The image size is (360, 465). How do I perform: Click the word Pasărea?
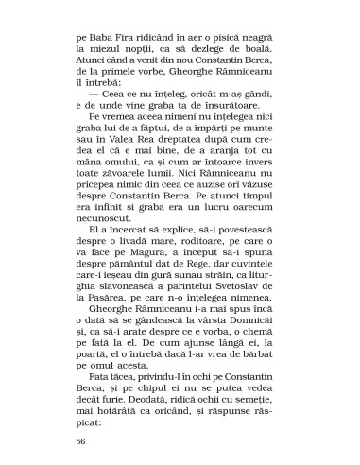109,339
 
